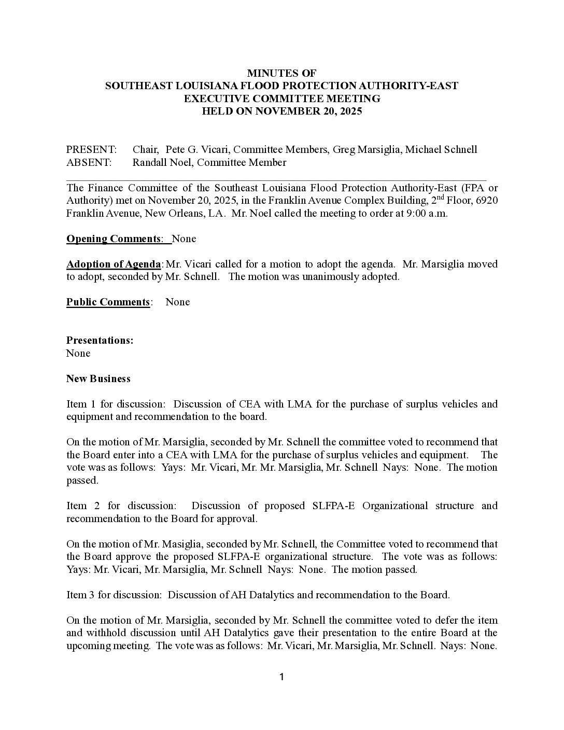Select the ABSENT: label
(89, 163)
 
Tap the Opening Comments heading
(114, 239)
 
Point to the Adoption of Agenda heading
(114, 264)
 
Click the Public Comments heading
(108, 302)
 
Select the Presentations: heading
(100, 341)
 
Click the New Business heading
(98, 379)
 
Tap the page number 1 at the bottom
(281, 677)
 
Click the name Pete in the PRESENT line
(175, 150)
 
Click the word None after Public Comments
(177, 302)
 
